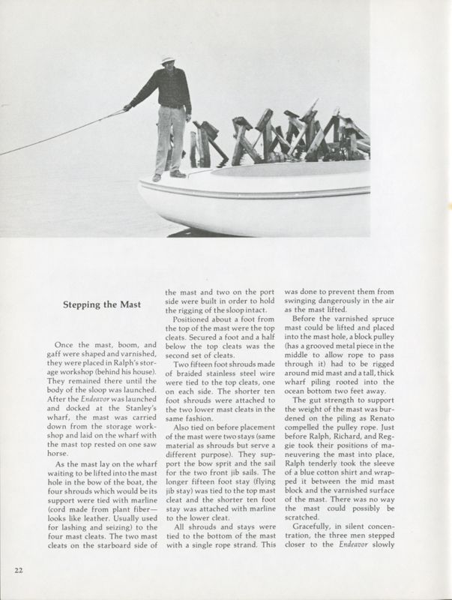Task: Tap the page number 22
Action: click(20, 571)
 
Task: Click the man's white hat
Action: click(169, 59)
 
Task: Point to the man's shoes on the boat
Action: click(167, 175)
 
